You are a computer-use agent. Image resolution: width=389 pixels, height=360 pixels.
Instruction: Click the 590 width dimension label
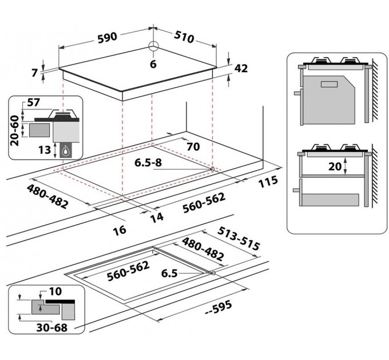[x=107, y=38]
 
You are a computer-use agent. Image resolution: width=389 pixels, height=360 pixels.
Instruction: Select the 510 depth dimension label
[x=184, y=37]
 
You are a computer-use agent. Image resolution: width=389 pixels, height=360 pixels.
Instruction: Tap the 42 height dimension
[x=241, y=69]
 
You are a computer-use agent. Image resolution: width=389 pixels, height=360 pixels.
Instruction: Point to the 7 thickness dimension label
[x=35, y=73]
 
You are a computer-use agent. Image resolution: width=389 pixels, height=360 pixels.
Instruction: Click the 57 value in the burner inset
[x=34, y=102]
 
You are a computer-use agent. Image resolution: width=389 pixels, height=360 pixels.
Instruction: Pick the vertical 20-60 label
[x=15, y=131]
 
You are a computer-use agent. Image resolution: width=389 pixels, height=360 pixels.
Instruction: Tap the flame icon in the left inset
[x=66, y=150]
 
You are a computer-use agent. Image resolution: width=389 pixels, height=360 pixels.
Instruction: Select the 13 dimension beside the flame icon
[x=45, y=150]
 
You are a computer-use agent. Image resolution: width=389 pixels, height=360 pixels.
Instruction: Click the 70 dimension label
[x=193, y=147]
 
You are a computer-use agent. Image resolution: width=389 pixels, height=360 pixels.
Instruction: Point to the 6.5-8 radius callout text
[x=148, y=162]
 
